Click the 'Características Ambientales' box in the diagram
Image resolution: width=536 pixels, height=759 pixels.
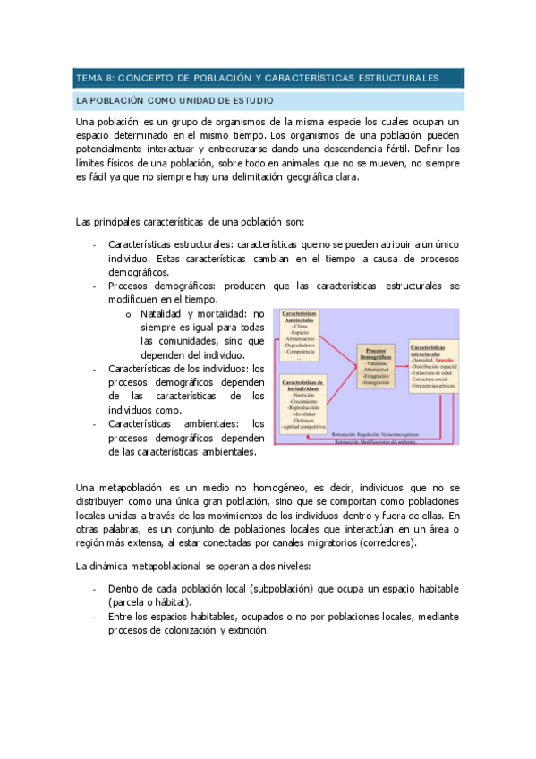point(303,336)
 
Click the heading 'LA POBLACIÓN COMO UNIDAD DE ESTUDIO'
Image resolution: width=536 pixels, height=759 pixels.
point(174,101)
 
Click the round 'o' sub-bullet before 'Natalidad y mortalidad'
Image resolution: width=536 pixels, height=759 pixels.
point(130,314)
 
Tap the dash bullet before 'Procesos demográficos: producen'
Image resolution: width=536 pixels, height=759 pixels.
point(94,286)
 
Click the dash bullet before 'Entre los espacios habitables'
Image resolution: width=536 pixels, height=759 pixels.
point(94,617)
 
